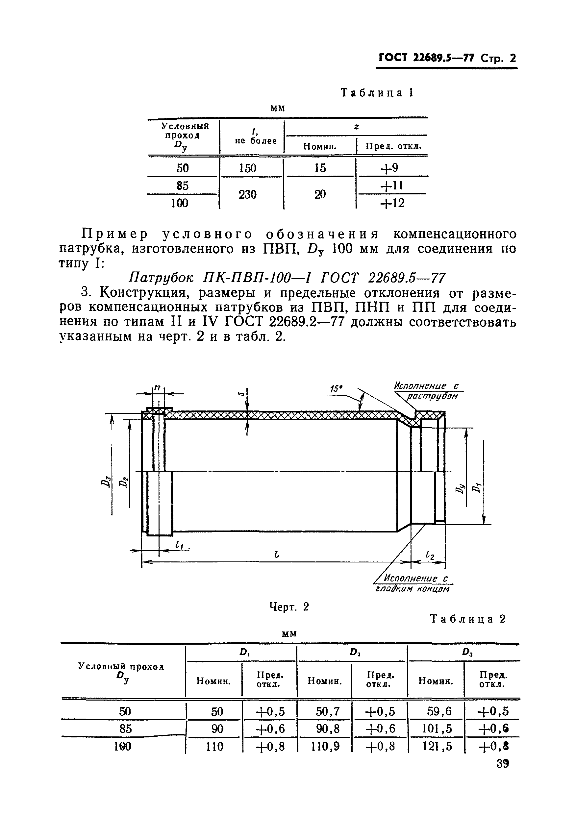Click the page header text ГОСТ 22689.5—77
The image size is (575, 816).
pyautogui.click(x=426, y=58)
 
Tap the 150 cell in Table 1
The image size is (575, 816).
pyautogui.click(x=247, y=168)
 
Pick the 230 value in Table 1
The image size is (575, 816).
pyautogui.click(x=247, y=194)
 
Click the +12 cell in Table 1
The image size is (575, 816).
pyautogui.click(x=392, y=203)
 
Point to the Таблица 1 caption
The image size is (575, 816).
pyautogui.click(x=377, y=93)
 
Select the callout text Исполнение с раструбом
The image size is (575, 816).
pyautogui.click(x=428, y=391)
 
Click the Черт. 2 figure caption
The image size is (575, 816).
pyautogui.click(x=288, y=607)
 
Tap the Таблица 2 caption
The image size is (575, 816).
pyautogui.click(x=468, y=619)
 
